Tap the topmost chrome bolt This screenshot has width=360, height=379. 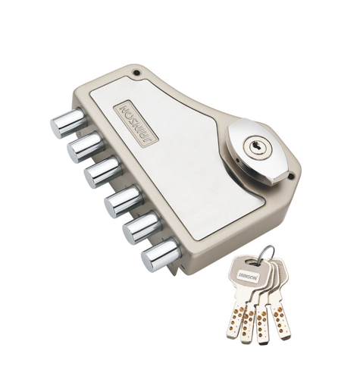coord(68,123)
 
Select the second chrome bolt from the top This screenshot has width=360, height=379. coord(85,147)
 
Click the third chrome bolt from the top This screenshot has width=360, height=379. coord(103,172)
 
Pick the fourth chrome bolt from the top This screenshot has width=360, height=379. coord(123,201)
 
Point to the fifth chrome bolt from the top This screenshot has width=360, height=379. coord(142,227)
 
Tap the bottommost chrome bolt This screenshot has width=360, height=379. coord(161,255)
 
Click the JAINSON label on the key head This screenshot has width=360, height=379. coord(248,277)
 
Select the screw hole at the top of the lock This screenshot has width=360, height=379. coord(136,73)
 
